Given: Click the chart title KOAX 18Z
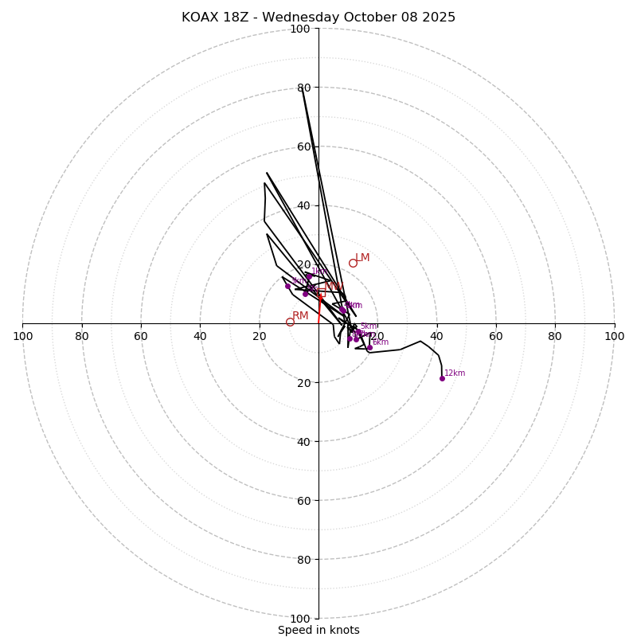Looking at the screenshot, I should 318,18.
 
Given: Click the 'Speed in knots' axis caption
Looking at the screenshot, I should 318,630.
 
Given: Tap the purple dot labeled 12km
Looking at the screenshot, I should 442,378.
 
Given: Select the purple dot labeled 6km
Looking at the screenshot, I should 369,347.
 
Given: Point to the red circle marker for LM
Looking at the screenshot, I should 353,264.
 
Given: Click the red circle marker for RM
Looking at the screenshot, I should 290,322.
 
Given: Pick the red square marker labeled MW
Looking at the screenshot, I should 322,293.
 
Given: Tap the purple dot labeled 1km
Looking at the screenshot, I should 308,276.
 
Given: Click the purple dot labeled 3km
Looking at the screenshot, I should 287,286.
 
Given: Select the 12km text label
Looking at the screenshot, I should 455,373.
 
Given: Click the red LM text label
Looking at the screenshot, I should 362,258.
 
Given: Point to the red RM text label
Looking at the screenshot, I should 300,316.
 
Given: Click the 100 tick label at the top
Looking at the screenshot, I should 300,29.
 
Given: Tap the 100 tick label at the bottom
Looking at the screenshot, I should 300,619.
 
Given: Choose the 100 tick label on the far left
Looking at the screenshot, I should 23,336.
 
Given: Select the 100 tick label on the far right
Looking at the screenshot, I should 614,336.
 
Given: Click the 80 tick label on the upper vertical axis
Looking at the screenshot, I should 303,88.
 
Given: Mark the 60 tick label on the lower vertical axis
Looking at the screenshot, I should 303,501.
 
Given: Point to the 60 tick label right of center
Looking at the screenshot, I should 495,336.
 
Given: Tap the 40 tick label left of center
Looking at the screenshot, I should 200,336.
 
